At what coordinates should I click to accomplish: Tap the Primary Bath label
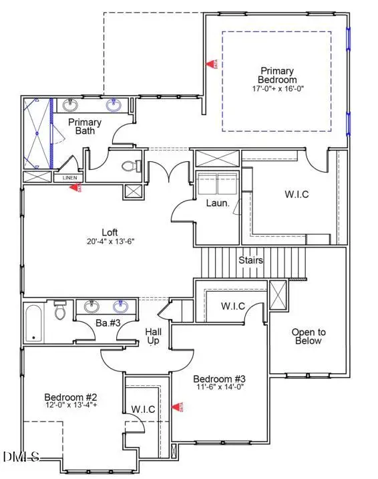85,126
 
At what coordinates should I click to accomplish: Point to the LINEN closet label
69,178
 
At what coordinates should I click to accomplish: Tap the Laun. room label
217,203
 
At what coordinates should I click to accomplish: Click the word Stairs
250,260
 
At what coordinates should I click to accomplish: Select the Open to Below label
308,337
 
